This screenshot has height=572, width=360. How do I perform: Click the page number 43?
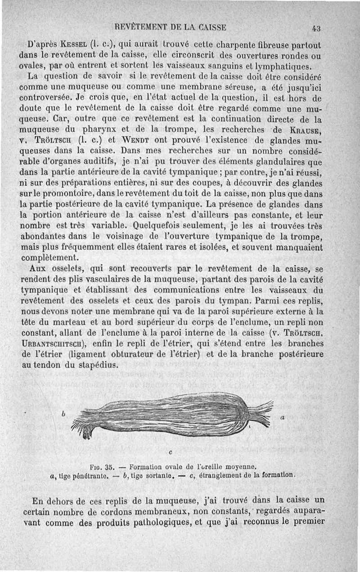(315, 28)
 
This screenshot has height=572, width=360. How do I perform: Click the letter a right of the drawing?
(282, 418)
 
